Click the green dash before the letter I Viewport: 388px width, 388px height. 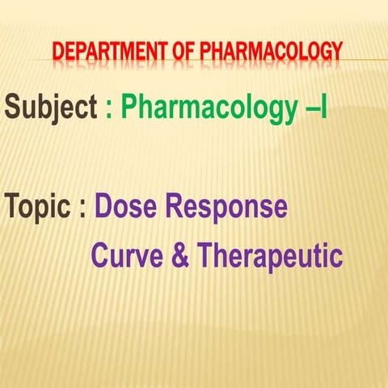click(309, 108)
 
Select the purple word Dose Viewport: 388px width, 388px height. click(129, 207)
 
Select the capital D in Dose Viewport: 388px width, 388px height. click(105, 207)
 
